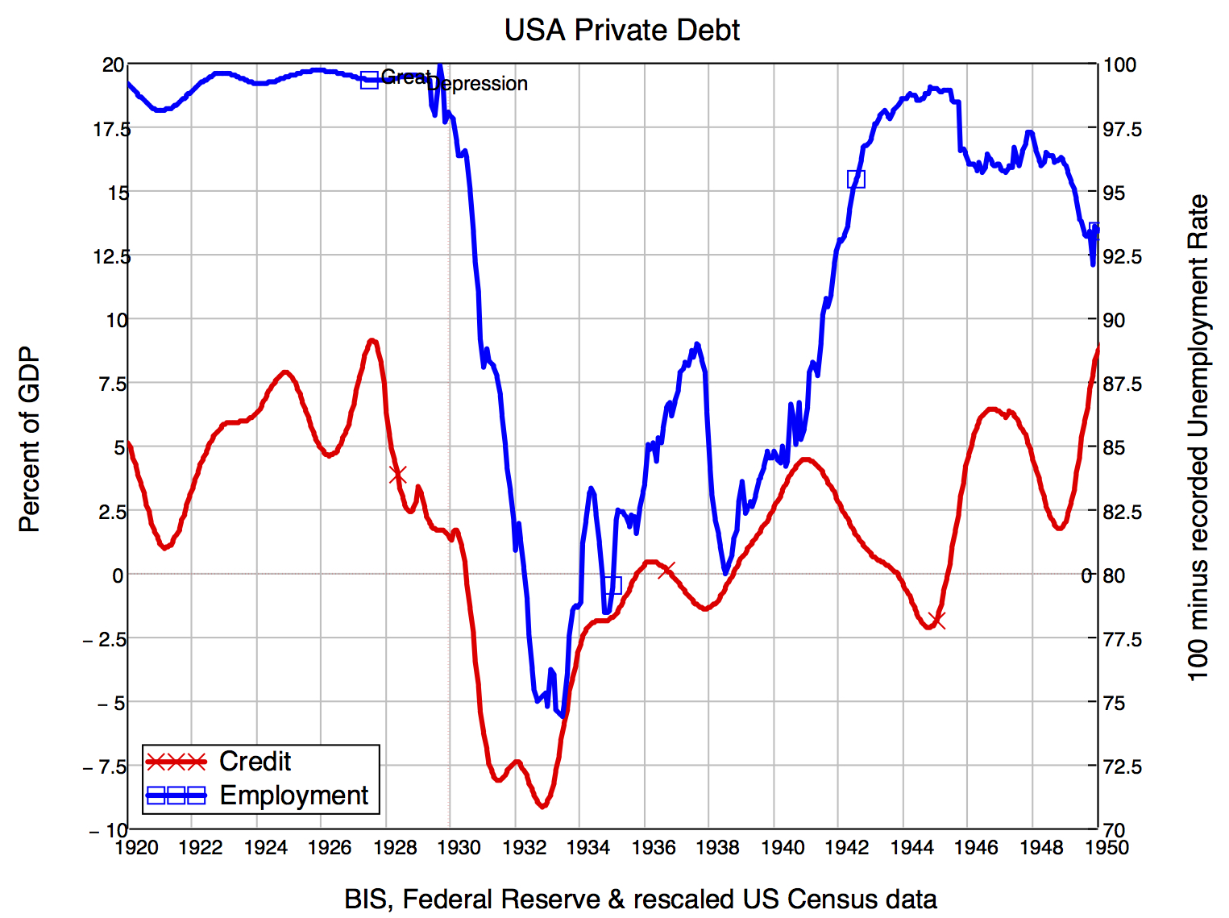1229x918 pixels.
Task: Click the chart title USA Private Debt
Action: point(621,30)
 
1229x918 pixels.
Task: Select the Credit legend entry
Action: point(255,762)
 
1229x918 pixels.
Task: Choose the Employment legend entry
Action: point(293,795)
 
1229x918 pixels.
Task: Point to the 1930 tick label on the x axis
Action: point(459,847)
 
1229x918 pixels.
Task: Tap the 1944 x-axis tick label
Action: point(911,847)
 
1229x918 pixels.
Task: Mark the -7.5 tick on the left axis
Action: point(106,766)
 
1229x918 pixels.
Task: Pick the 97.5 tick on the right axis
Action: point(1122,129)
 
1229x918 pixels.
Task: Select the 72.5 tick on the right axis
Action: point(1122,766)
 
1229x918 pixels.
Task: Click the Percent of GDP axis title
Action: point(29,440)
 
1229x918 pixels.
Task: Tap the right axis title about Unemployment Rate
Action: point(1198,437)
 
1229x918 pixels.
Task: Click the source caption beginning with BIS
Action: point(640,899)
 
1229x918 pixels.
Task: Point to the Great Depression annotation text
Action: point(455,81)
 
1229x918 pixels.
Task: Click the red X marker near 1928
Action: point(397,475)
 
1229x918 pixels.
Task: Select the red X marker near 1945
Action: point(936,620)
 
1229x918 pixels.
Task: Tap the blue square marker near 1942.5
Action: point(856,179)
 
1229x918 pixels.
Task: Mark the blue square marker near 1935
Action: point(612,585)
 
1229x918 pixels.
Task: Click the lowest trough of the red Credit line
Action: point(542,805)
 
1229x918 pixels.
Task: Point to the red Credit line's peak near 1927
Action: point(372,341)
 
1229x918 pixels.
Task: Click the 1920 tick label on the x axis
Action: point(136,847)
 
